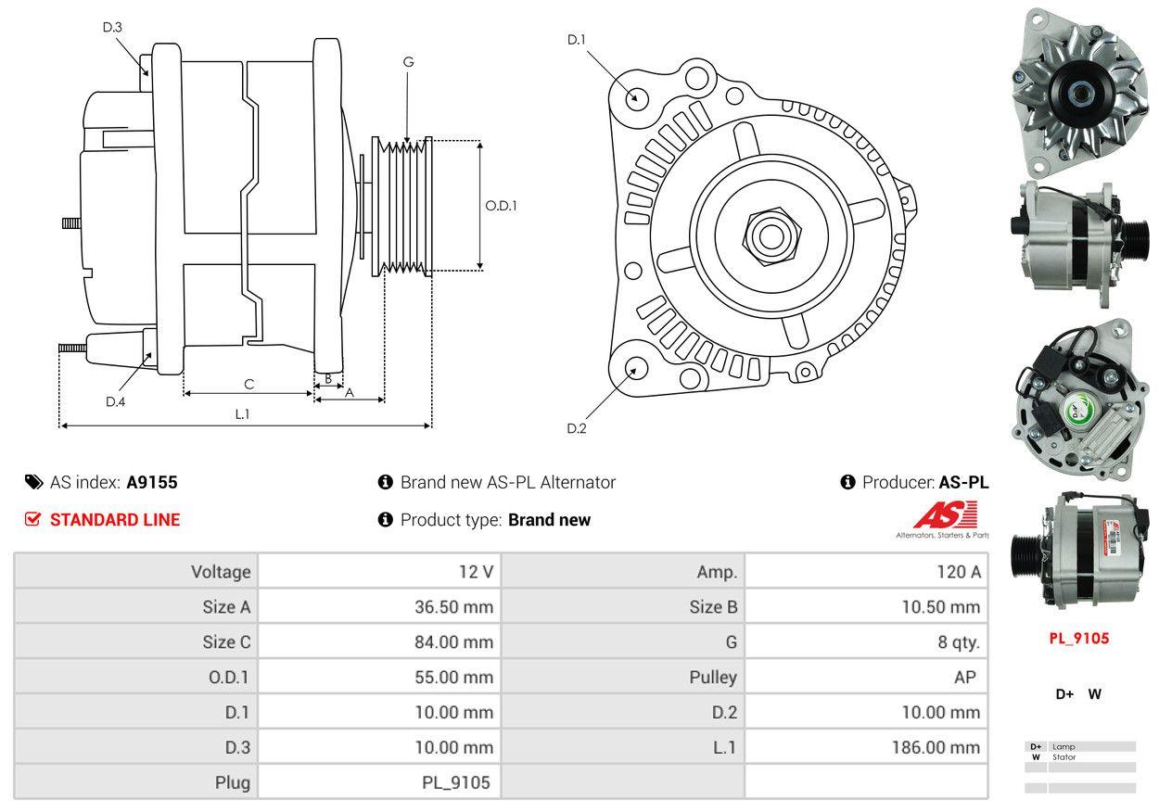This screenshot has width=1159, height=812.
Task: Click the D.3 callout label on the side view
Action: pos(112,28)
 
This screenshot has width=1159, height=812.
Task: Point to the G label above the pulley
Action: pos(408,62)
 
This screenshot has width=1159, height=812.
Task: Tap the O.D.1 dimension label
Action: pos(501,206)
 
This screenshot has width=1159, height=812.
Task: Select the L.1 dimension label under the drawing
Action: pos(242,414)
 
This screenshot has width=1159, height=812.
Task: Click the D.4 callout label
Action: pos(115,401)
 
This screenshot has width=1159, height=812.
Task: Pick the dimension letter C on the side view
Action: pos(248,384)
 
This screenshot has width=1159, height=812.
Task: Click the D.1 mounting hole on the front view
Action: pos(636,97)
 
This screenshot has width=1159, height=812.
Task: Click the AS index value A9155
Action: pos(152,482)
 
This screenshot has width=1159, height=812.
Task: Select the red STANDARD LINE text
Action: pos(115,520)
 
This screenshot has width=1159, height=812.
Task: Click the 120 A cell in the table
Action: pos(959,572)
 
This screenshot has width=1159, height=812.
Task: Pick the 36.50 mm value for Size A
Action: pos(453,607)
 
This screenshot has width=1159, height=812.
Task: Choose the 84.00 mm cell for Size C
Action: pos(453,641)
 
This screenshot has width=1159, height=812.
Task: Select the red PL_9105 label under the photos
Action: pos(1078,638)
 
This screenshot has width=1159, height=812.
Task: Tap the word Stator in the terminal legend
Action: pos(1064,757)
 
